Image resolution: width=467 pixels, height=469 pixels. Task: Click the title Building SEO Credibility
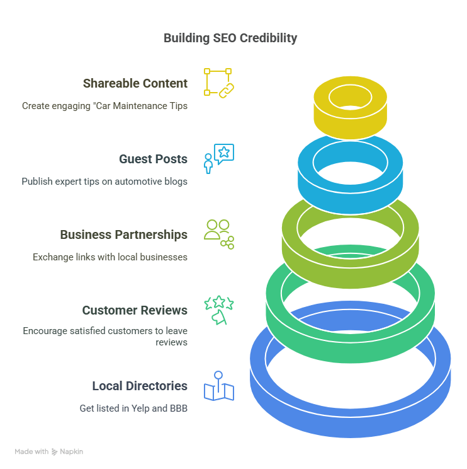tap(230, 38)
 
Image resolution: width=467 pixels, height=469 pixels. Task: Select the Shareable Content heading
tap(135, 83)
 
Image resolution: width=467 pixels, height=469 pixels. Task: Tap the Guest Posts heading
tap(153, 159)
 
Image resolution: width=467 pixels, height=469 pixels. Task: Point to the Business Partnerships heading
tap(123, 234)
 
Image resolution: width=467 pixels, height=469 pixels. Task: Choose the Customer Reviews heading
tap(134, 310)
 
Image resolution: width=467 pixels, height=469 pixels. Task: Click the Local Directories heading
tap(140, 386)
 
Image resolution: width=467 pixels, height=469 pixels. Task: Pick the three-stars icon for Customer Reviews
tap(218, 310)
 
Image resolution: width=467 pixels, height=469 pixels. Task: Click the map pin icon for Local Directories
tap(218, 386)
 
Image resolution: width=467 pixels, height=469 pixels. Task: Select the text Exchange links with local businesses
tap(110, 257)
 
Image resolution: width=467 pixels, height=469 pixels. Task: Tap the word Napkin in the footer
tap(72, 451)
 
